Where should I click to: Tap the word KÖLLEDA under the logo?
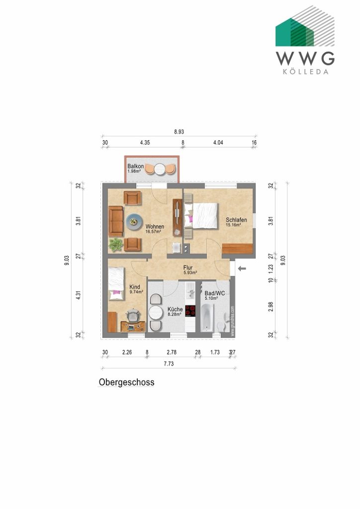305,71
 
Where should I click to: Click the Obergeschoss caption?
126,382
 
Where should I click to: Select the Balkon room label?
135,167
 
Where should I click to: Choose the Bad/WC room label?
215,294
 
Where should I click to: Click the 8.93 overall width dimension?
179,133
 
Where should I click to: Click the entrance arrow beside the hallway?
242,269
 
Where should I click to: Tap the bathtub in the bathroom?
207,317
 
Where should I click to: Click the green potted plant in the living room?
116,244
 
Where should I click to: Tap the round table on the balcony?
160,170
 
